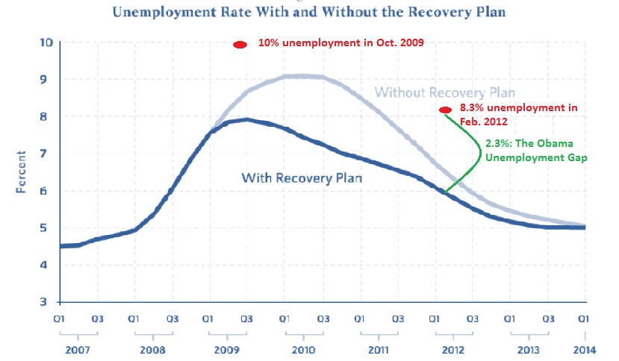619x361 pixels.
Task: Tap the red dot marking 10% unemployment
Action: tap(240, 45)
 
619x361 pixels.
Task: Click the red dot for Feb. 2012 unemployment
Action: tap(445, 110)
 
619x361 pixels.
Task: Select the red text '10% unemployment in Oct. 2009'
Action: tap(340, 43)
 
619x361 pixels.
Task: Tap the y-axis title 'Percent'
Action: tap(21, 172)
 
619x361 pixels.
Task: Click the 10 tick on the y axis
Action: tap(46, 43)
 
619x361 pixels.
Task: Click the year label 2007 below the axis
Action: tap(78, 348)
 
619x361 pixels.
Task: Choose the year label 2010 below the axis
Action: tap(303, 348)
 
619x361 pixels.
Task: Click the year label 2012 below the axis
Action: tap(452, 348)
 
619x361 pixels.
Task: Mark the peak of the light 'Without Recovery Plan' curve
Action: tap(302, 75)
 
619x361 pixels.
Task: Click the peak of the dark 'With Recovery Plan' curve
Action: tap(246, 119)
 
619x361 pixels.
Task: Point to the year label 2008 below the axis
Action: tap(153, 348)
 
